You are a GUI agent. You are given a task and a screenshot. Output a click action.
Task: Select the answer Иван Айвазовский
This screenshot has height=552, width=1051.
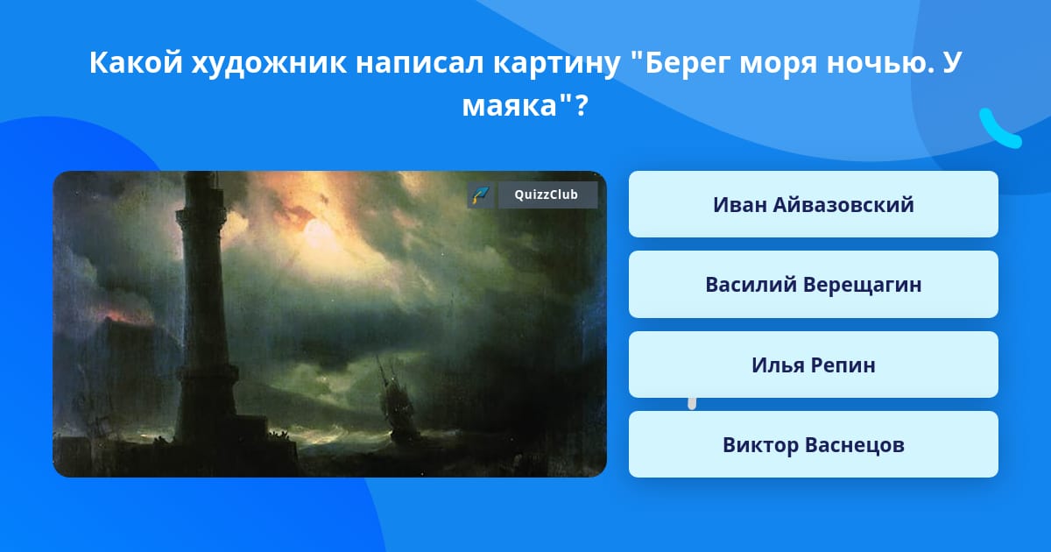[x=813, y=204]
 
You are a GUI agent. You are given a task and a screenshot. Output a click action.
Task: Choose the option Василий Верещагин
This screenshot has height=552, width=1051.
[x=813, y=285]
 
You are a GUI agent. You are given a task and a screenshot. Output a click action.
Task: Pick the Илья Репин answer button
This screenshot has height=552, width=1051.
[x=813, y=364]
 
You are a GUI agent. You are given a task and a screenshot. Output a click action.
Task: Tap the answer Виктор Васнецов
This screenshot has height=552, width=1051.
[x=813, y=444]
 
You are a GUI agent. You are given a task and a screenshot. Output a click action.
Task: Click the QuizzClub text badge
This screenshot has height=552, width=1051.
[x=547, y=195]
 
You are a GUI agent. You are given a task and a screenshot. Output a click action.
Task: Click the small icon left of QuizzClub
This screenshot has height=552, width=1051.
[x=480, y=195]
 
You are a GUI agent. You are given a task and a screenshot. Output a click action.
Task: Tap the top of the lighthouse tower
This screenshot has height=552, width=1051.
[x=201, y=174]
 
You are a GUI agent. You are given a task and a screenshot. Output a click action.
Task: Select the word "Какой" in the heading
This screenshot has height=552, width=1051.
[x=136, y=62]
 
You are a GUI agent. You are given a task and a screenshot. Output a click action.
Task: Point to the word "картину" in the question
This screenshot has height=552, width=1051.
[x=557, y=63]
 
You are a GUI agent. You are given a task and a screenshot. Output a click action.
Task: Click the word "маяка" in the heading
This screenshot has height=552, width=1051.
[x=509, y=106]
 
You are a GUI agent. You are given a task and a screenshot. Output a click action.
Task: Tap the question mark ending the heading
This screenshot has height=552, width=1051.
[x=581, y=105]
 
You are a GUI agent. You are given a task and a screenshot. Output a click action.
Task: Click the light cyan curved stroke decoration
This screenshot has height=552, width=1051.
[x=998, y=131]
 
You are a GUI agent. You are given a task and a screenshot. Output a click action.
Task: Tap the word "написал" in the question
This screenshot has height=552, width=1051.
[x=420, y=63]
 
